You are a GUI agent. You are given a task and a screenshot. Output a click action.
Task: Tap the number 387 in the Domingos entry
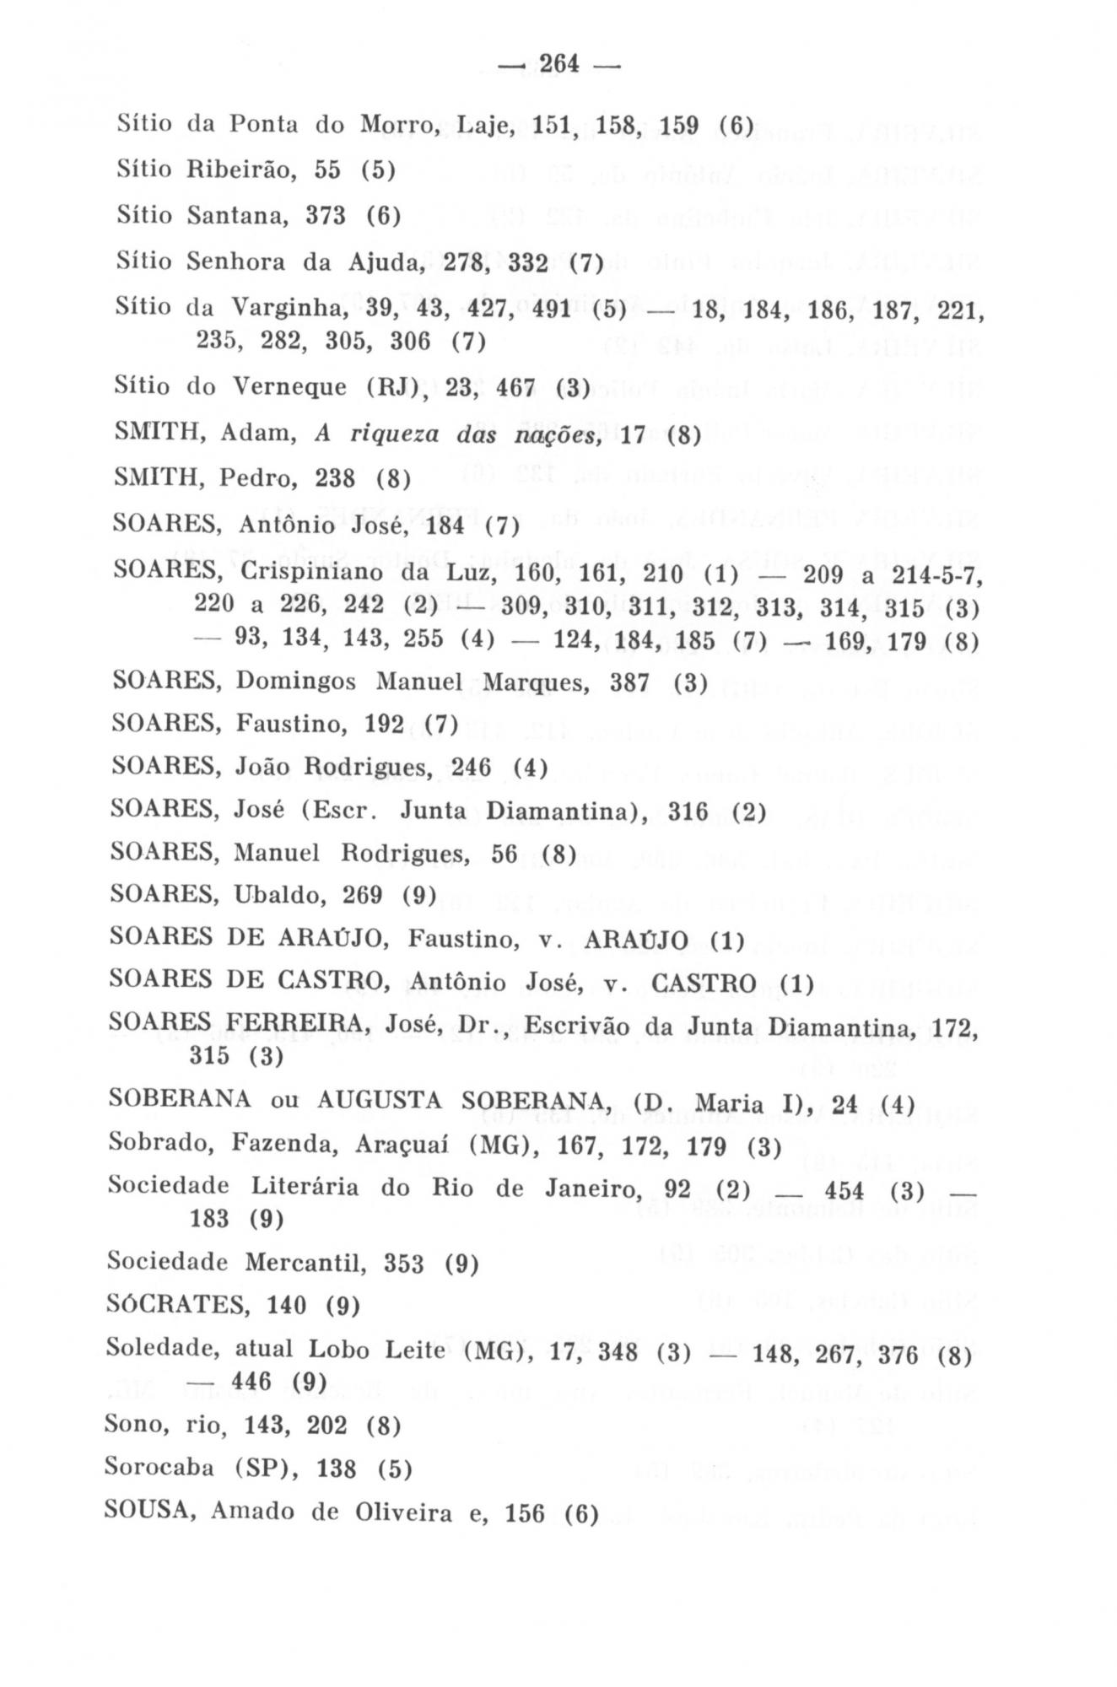629,682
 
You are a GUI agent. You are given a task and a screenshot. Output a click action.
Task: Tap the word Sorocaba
159,1469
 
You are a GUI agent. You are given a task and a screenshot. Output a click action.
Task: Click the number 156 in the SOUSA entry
525,1513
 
